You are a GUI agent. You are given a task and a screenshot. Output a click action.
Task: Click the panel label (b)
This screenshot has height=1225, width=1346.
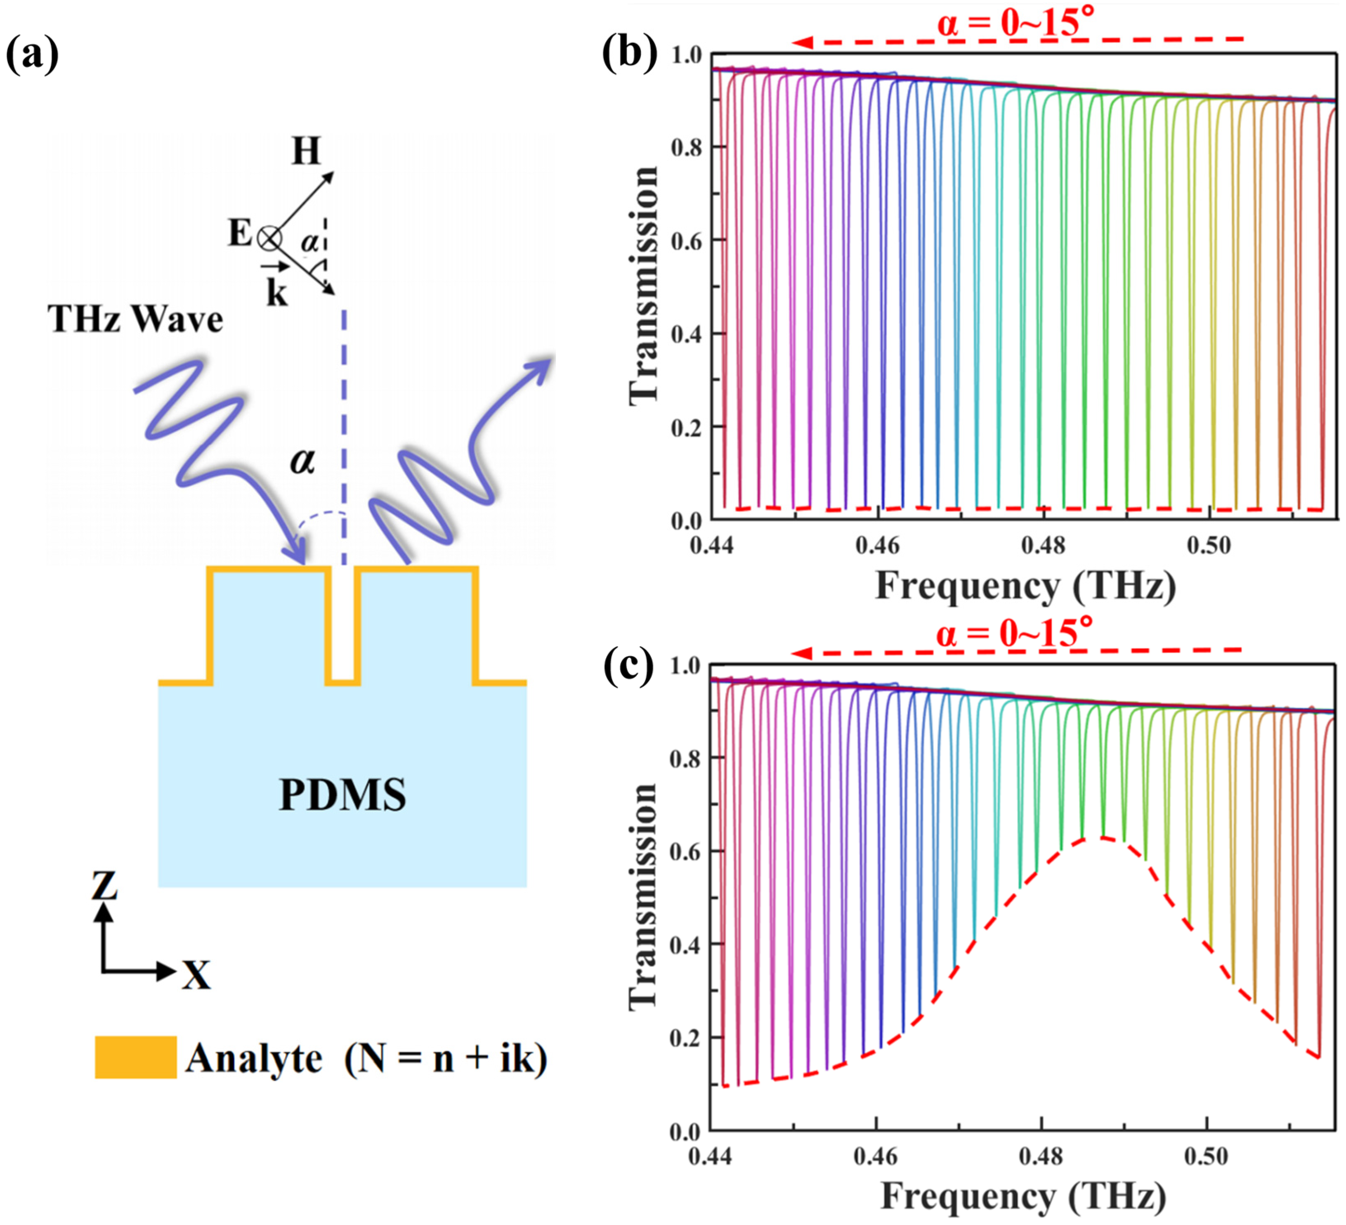629,52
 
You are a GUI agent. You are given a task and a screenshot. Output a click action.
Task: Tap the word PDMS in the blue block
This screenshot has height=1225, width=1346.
342,795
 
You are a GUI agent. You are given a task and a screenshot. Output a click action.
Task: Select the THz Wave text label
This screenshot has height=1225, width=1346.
135,319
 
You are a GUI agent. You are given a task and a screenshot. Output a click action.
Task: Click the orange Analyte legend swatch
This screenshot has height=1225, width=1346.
135,1057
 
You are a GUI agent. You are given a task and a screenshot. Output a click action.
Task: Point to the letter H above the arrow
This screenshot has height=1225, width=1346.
306,151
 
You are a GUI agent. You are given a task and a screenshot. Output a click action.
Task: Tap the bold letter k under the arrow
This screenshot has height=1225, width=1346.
276,293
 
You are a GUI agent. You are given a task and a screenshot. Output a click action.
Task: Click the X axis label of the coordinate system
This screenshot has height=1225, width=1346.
196,976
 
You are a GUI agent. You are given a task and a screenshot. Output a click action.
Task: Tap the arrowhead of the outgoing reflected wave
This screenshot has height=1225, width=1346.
544,366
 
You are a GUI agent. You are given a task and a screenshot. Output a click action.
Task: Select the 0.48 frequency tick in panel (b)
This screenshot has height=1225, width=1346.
1043,546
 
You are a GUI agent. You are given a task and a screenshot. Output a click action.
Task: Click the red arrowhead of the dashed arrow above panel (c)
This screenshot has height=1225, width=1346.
801,653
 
